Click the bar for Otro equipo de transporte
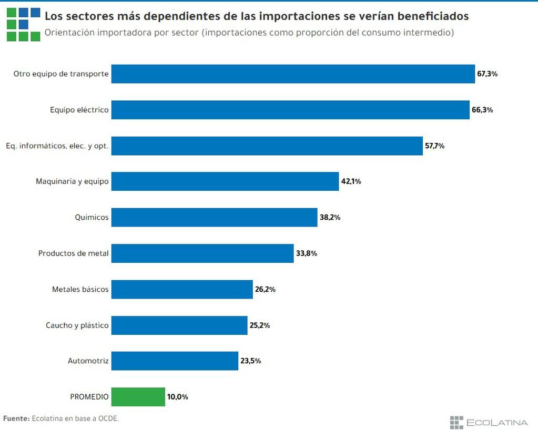[293, 74]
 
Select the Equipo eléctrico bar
[290, 110]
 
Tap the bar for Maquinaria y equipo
[225, 181]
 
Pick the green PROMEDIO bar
[138, 397]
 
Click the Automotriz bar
[175, 361]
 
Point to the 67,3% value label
[487, 74]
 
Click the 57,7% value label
[434, 146]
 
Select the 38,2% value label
[330, 217]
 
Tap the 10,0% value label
[177, 397]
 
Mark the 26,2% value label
[265, 289]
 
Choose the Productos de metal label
[73, 253]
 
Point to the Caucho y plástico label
[77, 325]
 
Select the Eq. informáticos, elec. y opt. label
[57, 146]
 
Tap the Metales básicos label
[80, 289]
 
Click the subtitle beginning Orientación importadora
[249, 33]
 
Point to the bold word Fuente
[16, 418]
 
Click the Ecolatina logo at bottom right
[489, 422]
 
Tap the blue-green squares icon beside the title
[23, 24]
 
